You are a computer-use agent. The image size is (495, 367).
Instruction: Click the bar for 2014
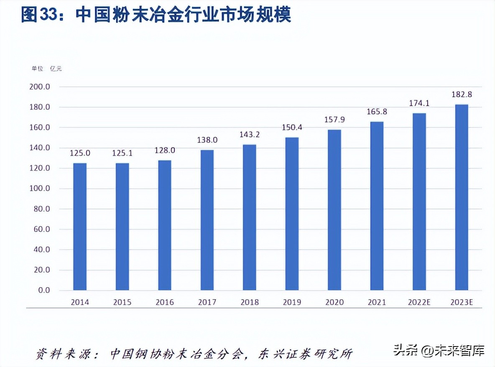pos(80,227)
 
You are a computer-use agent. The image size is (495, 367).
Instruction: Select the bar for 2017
pos(207,220)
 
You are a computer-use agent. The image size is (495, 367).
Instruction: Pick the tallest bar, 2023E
pos(462,197)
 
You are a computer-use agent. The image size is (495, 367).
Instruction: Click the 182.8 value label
pos(462,94)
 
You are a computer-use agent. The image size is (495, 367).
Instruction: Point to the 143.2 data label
pos(250,135)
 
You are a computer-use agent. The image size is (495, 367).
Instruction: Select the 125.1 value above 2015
pos(122,153)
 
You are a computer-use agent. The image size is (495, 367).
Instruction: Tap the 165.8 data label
pos(377,112)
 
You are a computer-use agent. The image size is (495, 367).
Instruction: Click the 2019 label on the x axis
pos(292,302)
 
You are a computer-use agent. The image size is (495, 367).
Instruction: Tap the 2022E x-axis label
pos(419,302)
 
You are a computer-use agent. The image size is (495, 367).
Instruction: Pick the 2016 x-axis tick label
pos(165,302)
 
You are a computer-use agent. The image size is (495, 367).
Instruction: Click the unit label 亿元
pos(56,68)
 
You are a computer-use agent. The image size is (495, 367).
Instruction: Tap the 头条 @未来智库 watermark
pos(439,350)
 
